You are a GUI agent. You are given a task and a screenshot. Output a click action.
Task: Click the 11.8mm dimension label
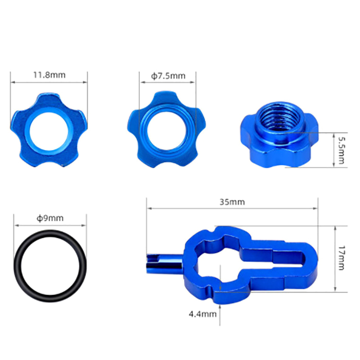point(49,75)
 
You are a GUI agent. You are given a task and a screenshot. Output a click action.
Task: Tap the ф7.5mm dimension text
point(168,76)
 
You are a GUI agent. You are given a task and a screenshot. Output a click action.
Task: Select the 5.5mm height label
point(342,150)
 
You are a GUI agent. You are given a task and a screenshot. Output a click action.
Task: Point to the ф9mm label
point(50,218)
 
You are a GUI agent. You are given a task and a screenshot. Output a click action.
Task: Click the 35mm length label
point(232,202)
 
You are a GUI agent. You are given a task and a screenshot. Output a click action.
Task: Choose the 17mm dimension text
point(342,257)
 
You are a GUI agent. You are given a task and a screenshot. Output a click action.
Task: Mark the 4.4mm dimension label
point(202,314)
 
